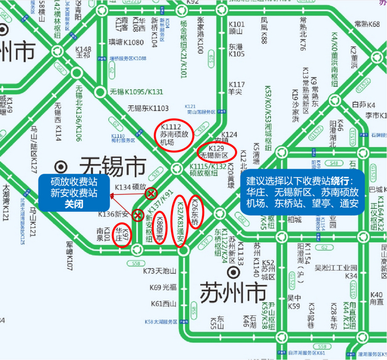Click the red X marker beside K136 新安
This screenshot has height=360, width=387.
click(x=139, y=214)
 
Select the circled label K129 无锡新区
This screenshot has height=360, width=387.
click(x=216, y=152)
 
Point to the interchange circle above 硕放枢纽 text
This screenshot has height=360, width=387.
click(x=176, y=169)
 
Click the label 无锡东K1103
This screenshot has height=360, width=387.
click(x=148, y=108)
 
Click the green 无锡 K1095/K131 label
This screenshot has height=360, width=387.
click(x=137, y=92)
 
